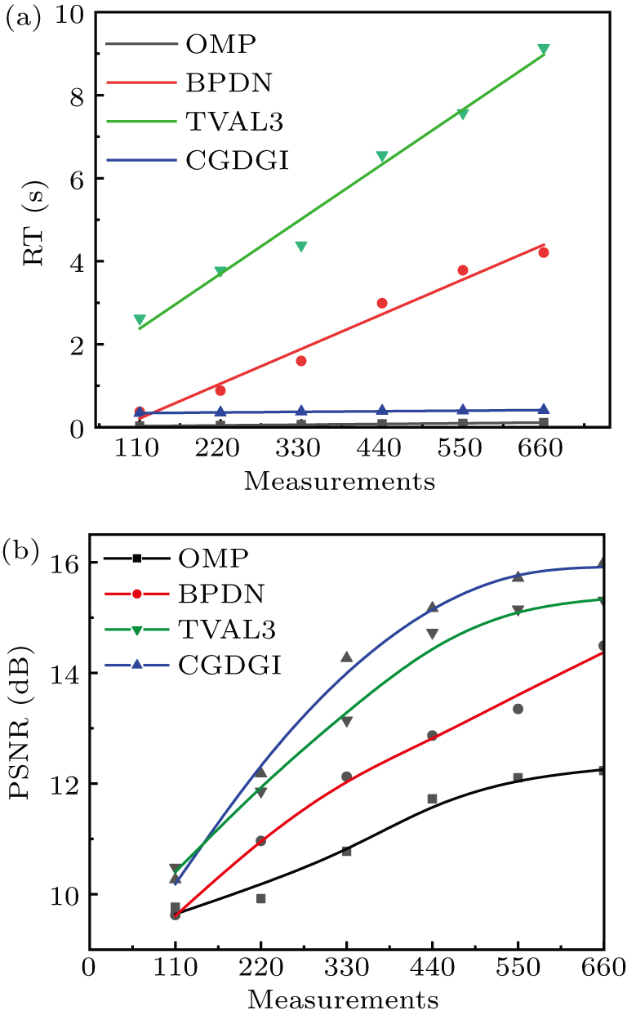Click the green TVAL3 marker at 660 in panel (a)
544,50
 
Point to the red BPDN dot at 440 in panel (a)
382,303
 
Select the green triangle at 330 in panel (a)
300,247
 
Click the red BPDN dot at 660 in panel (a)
544,252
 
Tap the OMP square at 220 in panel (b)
260,898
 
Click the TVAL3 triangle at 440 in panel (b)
432,634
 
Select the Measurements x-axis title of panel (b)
343,999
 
